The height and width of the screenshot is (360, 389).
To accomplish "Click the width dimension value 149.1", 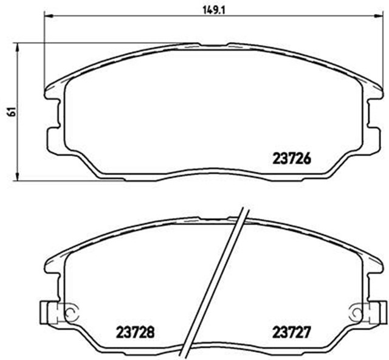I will click(212, 9).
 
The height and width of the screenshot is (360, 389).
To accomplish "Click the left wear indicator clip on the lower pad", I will click(52, 313).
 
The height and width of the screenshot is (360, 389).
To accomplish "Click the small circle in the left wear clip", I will click(69, 314).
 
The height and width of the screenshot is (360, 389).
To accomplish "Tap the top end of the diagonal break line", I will click(244, 210).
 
